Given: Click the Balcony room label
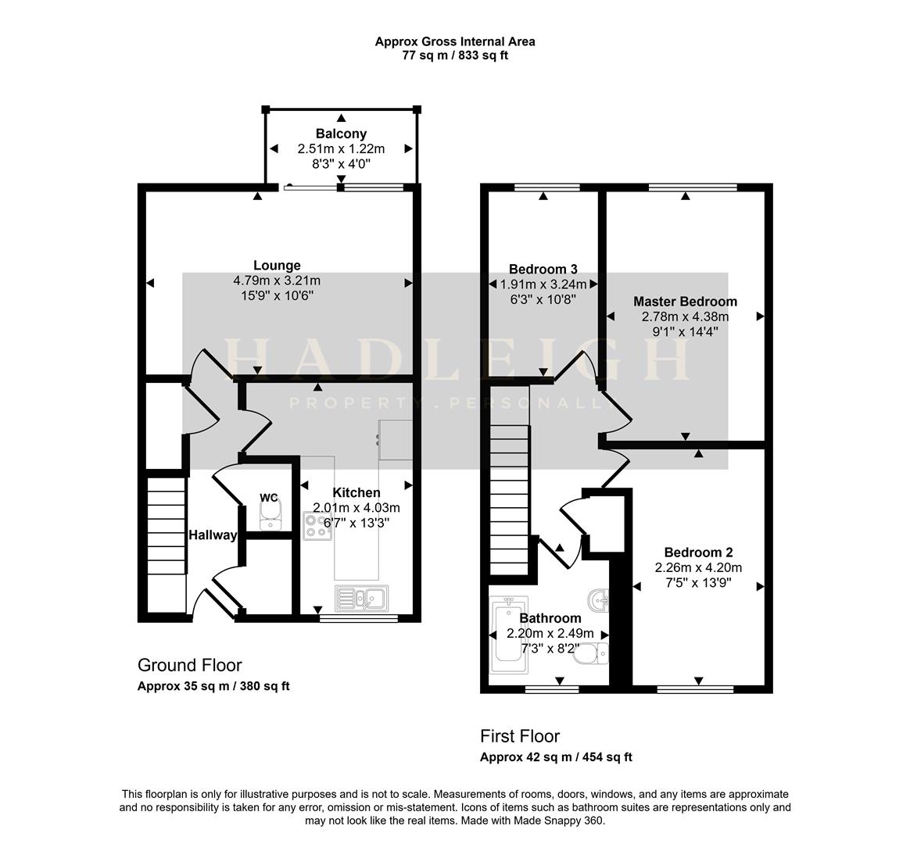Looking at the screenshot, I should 341,134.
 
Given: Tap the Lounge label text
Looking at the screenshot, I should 277,266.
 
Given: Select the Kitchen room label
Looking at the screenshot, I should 356,492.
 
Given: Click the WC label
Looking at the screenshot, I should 269,498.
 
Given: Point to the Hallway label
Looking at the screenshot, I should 213,535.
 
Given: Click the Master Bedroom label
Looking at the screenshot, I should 685,302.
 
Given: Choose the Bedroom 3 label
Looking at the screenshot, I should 543,269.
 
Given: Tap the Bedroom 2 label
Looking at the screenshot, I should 697,553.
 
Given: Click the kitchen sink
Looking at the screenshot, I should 361,599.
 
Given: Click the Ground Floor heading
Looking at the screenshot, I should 190,665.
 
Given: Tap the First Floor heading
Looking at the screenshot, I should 520,736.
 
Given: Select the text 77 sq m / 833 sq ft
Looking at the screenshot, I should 455,55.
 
